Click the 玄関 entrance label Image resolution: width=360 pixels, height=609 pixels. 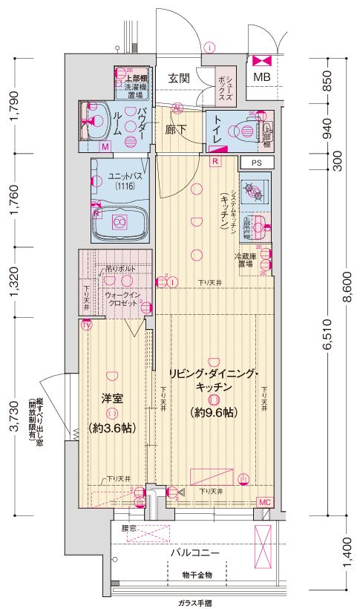(x=178, y=77)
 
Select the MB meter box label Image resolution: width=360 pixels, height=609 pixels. (x=262, y=77)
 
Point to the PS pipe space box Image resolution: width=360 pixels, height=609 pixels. (x=256, y=162)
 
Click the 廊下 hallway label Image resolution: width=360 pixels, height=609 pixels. (x=176, y=128)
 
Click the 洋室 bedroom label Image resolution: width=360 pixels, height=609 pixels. (x=111, y=397)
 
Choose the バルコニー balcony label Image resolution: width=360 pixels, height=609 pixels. (x=193, y=553)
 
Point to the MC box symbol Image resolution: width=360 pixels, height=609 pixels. (x=265, y=503)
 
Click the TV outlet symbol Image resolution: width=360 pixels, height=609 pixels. (x=85, y=325)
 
